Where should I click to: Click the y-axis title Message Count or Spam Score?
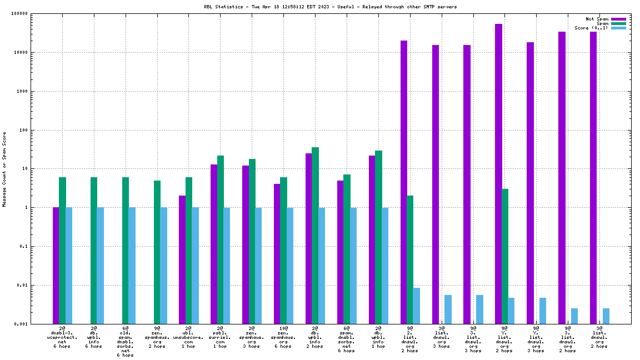coord(4,169)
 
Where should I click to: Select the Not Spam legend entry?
coord(597,19)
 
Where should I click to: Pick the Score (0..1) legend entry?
coord(591,28)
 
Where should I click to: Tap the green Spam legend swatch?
coord(618,23)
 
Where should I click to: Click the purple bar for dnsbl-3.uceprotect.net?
coord(56,266)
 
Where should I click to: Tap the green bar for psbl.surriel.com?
coord(221,239)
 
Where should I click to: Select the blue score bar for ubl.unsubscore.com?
coord(196,266)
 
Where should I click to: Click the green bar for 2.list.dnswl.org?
coord(410,259)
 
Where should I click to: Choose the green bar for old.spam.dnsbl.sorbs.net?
coord(126,250)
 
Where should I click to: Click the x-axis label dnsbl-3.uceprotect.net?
coord(62,337)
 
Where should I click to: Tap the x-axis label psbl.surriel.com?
coord(219,337)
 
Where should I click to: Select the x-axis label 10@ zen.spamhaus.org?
coord(283,337)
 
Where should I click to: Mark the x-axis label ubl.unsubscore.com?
coord(188,337)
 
